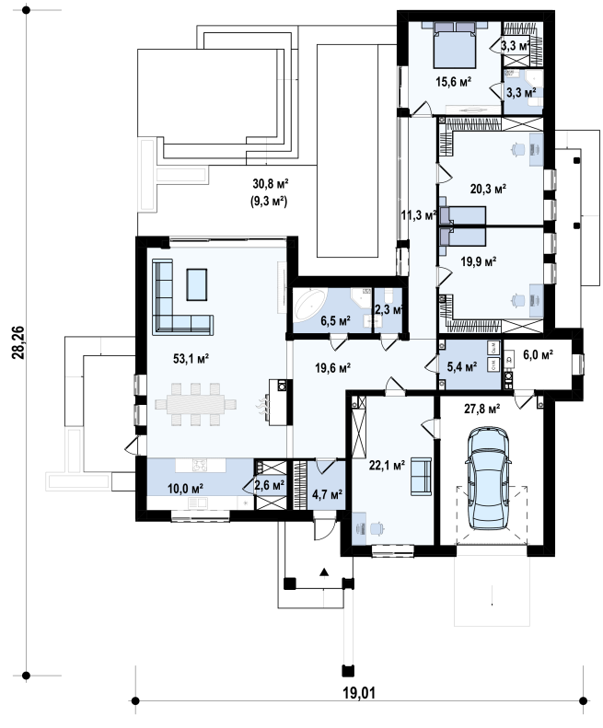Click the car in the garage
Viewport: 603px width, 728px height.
488,479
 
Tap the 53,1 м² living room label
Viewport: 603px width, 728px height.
191,358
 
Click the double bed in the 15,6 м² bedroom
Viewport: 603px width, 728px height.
455,44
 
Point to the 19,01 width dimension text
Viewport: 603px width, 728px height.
359,693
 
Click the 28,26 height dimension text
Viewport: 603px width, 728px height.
18,342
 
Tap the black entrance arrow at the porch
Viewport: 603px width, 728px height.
324,572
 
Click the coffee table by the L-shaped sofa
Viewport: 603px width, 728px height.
197,284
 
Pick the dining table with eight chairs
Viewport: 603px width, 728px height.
195,404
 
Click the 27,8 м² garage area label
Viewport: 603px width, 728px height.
481,409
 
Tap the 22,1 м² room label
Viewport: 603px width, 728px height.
387,465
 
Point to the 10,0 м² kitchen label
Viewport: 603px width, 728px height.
185,489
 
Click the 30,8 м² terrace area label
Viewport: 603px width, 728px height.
271,184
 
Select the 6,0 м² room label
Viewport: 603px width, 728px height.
538,354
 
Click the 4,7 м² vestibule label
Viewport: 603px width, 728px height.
327,494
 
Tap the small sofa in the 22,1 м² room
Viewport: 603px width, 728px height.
421,477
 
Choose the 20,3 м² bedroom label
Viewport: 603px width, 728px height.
488,189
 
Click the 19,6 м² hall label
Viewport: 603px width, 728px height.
332,368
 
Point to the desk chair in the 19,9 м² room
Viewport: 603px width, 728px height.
517,301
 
